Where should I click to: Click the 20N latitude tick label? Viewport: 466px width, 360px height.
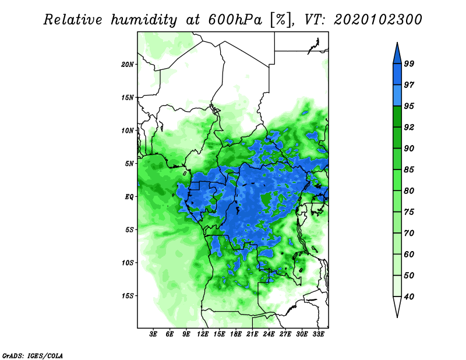click(127, 65)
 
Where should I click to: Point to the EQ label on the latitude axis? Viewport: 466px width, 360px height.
click(129, 197)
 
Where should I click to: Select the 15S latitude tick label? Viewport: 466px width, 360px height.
click(127, 296)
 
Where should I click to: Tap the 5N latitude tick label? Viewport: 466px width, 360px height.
click(129, 164)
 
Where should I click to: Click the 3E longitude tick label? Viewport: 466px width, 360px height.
click(153, 334)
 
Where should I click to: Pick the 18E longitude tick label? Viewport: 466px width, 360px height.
click(236, 334)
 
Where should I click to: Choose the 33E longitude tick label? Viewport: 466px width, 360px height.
click(318, 334)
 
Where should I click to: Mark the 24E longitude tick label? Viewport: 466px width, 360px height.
click(269, 334)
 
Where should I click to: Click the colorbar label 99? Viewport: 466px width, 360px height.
click(409, 63)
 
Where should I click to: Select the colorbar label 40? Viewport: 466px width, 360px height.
click(409, 297)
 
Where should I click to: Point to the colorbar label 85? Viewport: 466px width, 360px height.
click(409, 170)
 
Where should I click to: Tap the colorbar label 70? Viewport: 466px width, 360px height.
click(409, 233)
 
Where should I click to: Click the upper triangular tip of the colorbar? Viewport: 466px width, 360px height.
click(397, 43)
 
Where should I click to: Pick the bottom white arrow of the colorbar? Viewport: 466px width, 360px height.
click(397, 307)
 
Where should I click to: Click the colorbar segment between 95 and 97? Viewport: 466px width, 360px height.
click(397, 96)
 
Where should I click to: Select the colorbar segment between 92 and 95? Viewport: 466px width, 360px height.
click(397, 117)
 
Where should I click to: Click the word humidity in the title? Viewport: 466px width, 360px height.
click(144, 20)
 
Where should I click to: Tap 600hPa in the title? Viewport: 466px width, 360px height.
click(235, 20)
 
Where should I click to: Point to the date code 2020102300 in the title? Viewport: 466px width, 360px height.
click(377, 20)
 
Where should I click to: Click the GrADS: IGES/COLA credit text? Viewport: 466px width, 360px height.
click(33, 355)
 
